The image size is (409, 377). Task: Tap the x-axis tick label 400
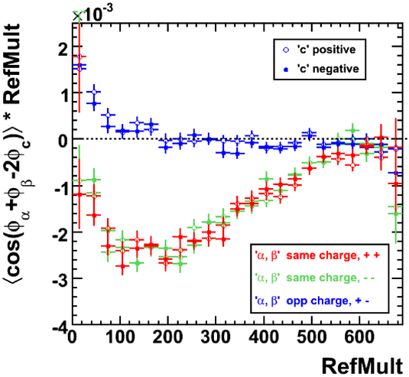265,337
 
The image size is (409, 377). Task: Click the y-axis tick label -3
60,279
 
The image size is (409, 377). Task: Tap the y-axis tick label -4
60,325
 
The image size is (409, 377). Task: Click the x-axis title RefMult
362,366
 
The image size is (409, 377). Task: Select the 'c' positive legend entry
320,50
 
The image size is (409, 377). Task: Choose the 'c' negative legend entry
321,69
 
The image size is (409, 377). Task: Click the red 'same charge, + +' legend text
317,255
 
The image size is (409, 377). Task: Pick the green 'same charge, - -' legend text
315,278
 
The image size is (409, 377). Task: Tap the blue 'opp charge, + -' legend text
312,301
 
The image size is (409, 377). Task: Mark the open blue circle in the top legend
287,50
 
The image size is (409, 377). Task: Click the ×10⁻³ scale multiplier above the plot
93,14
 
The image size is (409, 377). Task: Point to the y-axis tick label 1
63,94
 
